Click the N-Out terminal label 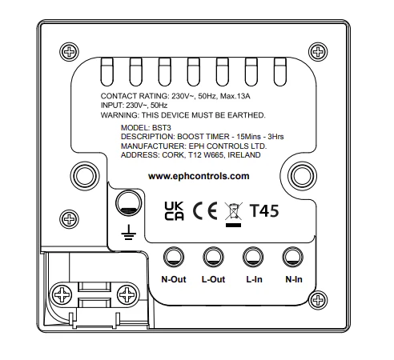tap(174, 279)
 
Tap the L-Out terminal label tap(213, 279)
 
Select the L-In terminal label tap(254, 279)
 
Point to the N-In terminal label tap(294, 279)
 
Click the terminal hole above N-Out tap(174, 257)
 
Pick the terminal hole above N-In tap(292, 257)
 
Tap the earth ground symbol tap(129, 232)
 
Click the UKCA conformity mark tap(174, 211)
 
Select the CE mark tap(205, 210)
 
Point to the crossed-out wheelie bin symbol tap(234, 214)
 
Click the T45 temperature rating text tap(264, 211)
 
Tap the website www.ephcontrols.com tap(199, 176)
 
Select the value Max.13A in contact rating tap(235, 96)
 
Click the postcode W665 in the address tap(214, 155)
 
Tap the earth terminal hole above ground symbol tap(129, 203)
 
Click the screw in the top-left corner tap(69, 52)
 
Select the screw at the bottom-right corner tap(318, 300)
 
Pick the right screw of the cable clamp tap(127, 295)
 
